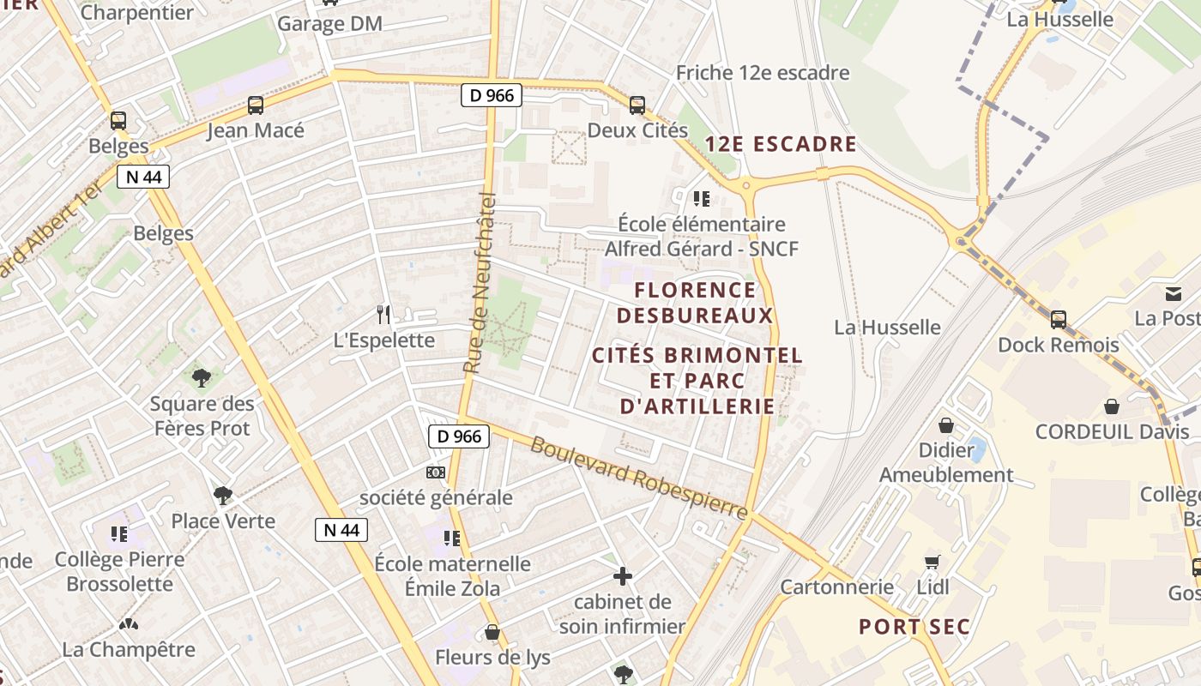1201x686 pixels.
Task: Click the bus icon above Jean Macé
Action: (256, 105)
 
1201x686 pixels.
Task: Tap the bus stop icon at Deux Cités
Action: (637, 105)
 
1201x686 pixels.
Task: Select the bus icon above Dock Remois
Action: (1059, 320)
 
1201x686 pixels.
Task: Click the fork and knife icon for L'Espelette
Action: (383, 315)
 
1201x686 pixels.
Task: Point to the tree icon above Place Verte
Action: (223, 496)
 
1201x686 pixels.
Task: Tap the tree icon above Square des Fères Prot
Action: (202, 378)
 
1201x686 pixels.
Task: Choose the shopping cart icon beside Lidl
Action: (932, 563)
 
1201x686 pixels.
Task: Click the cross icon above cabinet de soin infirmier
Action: (623, 576)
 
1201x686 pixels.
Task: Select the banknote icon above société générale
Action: (436, 472)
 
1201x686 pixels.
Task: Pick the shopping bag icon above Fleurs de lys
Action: (492, 633)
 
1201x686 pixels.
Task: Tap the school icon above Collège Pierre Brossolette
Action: (119, 534)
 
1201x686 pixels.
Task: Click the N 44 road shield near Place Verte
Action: (341, 530)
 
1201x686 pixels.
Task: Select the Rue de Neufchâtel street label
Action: (480, 284)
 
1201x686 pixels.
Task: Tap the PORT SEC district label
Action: (914, 627)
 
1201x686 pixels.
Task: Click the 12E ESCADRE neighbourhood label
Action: (781, 144)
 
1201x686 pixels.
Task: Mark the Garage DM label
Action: (329, 24)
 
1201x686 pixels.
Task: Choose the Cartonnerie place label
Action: (836, 587)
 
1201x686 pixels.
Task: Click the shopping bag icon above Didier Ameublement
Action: (946, 425)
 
